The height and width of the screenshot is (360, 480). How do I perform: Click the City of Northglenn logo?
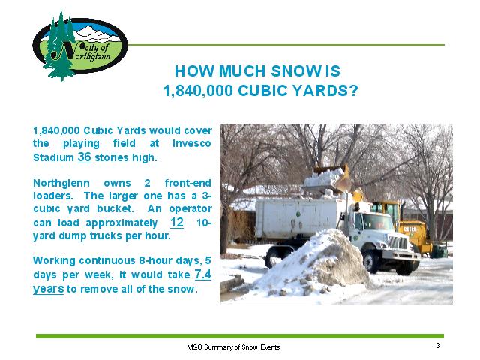click(80, 46)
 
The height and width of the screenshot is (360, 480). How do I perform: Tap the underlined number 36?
click(85, 157)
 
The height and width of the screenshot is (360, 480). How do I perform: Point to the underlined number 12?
click(177, 223)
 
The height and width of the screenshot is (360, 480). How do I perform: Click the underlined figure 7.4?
click(203, 274)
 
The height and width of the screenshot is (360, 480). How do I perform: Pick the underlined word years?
click(48, 289)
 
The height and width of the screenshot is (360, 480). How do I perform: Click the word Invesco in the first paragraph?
click(192, 143)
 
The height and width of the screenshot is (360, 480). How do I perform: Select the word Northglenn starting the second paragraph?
click(61, 183)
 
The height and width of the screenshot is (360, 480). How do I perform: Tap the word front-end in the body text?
click(188, 183)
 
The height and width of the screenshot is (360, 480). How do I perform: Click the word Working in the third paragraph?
click(54, 261)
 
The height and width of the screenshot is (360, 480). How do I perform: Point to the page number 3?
click(438, 345)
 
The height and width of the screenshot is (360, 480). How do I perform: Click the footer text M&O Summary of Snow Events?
click(233, 346)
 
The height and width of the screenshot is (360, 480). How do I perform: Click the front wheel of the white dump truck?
click(371, 261)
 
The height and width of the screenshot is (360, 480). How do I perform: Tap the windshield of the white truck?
click(377, 223)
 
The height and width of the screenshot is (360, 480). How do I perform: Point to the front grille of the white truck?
click(398, 243)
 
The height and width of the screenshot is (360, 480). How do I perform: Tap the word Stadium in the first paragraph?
click(53, 157)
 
